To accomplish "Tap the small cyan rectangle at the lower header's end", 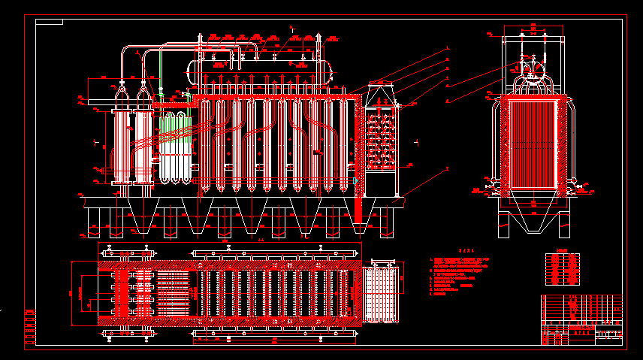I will pyautogui.click(x=355, y=181).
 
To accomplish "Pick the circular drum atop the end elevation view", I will pyautogui.click(x=533, y=70).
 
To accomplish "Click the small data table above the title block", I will pyautogui.click(x=563, y=270).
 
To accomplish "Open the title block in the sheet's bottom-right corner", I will pyautogui.click(x=581, y=319).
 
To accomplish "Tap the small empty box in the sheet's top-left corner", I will pyautogui.click(x=49, y=21).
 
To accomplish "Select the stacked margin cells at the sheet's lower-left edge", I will pyautogui.click(x=30, y=326).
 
